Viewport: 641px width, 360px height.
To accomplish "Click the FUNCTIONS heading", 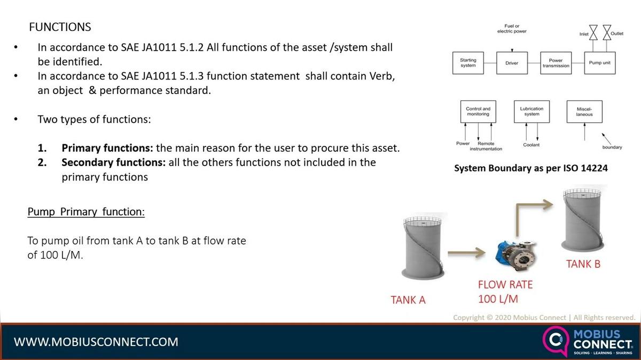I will [x=60, y=27].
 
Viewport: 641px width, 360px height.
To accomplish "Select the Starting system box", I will [x=468, y=62].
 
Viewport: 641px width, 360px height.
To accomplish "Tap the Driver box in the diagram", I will [x=512, y=63].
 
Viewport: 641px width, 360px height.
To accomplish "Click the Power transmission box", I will [x=556, y=63].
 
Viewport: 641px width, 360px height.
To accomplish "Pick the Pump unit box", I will [x=599, y=63].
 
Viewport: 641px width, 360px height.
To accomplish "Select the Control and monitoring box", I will [x=478, y=112].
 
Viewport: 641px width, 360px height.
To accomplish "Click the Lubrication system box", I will [x=531, y=112].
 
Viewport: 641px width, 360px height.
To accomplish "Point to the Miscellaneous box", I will [x=584, y=112].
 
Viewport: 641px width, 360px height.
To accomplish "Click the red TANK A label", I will [x=408, y=300].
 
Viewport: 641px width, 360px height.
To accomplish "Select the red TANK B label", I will [x=583, y=264].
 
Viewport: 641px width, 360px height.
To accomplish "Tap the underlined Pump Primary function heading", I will [x=86, y=212].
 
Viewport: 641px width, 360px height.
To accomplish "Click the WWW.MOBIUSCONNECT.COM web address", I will [x=96, y=342].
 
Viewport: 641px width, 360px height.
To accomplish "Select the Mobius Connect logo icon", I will [x=554, y=341].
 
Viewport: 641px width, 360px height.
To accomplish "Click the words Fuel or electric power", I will [x=512, y=28].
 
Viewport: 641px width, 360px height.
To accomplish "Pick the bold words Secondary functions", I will [x=113, y=162].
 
